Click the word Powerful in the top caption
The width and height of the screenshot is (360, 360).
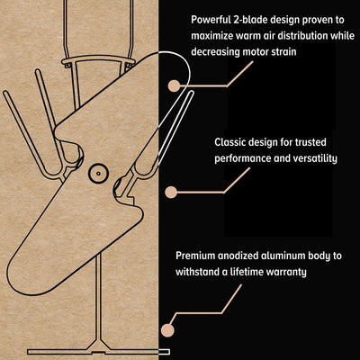tap(211, 20)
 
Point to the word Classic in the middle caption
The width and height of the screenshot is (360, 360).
tap(229, 142)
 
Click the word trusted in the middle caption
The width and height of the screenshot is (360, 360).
tap(310, 142)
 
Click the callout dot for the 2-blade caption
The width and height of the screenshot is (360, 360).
tap(174, 85)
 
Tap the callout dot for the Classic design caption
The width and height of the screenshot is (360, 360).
tap(171, 192)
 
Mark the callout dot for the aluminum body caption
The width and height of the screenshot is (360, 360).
tap(167, 330)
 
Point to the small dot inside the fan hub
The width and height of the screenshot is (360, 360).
tap(98, 174)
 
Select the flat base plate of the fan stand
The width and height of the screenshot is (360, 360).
tap(98, 351)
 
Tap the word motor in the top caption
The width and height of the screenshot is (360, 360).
tap(253, 51)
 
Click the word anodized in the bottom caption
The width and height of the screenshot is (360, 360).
tap(238, 256)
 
